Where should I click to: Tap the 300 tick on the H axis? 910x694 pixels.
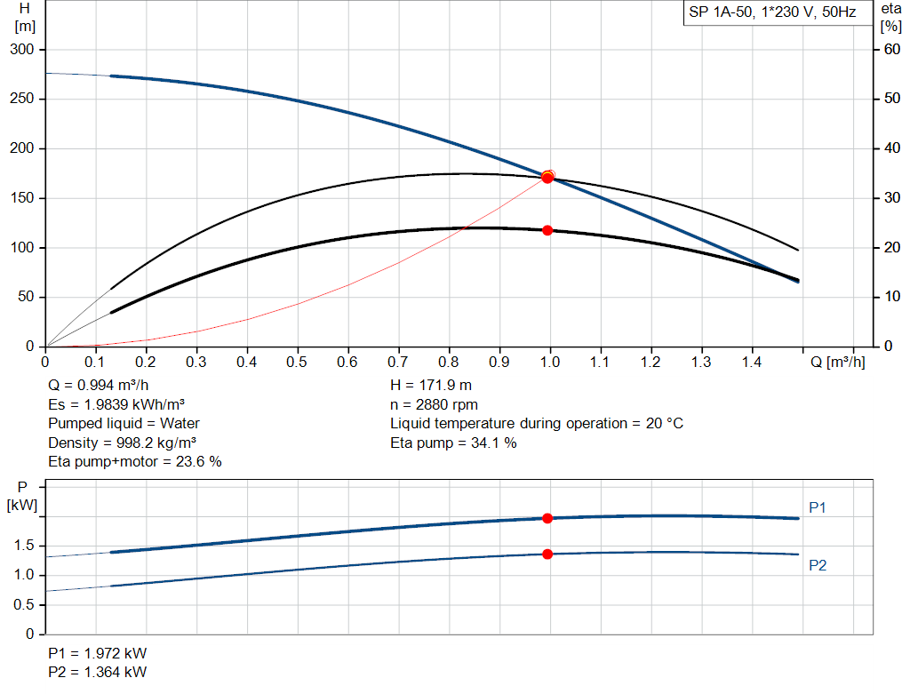tap(21, 50)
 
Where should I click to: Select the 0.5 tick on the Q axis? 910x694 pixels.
tap(297, 363)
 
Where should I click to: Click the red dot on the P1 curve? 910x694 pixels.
tap(547, 518)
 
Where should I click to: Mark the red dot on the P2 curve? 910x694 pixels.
tap(547, 554)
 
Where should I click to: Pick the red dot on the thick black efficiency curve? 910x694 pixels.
tap(547, 230)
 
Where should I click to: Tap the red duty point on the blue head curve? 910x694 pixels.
tap(547, 178)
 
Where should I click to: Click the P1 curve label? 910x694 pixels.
tap(818, 507)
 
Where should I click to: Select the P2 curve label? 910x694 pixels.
tap(818, 565)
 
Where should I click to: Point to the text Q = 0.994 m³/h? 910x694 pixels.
tap(99, 387)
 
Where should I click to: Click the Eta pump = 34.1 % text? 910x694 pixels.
tap(453, 443)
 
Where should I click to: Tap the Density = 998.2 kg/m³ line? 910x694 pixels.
tap(123, 443)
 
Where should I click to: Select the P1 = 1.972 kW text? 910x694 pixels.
tap(98, 654)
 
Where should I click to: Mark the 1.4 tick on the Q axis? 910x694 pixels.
tap(752, 363)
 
